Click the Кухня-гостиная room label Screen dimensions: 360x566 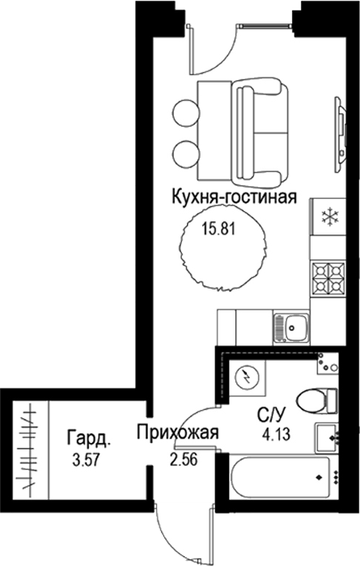235,197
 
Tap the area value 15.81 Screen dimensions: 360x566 218,229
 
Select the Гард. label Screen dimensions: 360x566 89,438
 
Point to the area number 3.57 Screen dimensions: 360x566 86,461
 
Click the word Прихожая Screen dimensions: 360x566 177,432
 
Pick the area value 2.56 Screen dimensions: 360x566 184,459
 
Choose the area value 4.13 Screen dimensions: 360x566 277,434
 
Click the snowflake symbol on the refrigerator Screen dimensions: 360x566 330,217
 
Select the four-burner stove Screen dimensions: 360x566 328,278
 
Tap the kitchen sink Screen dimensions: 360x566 291,327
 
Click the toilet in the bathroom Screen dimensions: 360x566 317,400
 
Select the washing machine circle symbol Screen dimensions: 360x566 247,378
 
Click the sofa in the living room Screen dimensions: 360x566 259,132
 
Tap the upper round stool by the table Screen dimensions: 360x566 186,112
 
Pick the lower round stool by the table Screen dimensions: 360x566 186,154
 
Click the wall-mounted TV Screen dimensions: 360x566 341,133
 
